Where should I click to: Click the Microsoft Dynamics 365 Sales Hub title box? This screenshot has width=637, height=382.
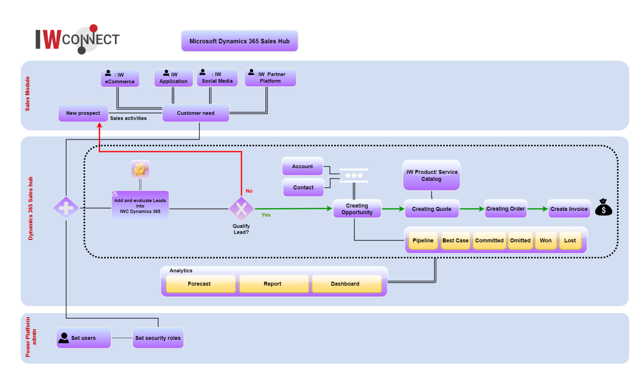(x=239, y=41)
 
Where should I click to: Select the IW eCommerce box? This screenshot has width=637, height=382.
(x=120, y=78)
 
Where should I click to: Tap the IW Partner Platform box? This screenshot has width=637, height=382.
(x=270, y=78)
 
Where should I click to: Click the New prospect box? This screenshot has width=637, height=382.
(x=83, y=113)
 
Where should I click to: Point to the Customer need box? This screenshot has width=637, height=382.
(x=196, y=113)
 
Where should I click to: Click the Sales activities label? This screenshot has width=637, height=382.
(x=128, y=118)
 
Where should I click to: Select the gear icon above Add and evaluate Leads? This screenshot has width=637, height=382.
(x=140, y=170)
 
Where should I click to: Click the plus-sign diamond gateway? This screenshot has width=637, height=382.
(x=66, y=208)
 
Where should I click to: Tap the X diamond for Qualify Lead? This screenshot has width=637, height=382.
(x=241, y=209)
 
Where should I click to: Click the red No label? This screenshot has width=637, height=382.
(x=249, y=191)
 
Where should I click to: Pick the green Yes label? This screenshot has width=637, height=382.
(x=266, y=215)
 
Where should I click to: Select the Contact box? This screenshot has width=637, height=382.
(x=303, y=187)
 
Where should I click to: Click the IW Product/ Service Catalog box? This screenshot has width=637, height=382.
(x=431, y=175)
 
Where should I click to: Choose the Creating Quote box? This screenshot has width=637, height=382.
(x=431, y=209)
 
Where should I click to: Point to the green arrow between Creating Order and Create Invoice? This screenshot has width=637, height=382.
(x=537, y=209)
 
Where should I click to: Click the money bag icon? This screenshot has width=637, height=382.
(x=603, y=207)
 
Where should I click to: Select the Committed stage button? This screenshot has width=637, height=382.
(x=489, y=240)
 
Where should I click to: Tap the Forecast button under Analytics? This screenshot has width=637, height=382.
(x=199, y=284)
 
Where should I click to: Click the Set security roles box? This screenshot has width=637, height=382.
(x=158, y=338)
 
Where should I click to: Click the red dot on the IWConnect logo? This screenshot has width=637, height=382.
(x=94, y=28)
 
